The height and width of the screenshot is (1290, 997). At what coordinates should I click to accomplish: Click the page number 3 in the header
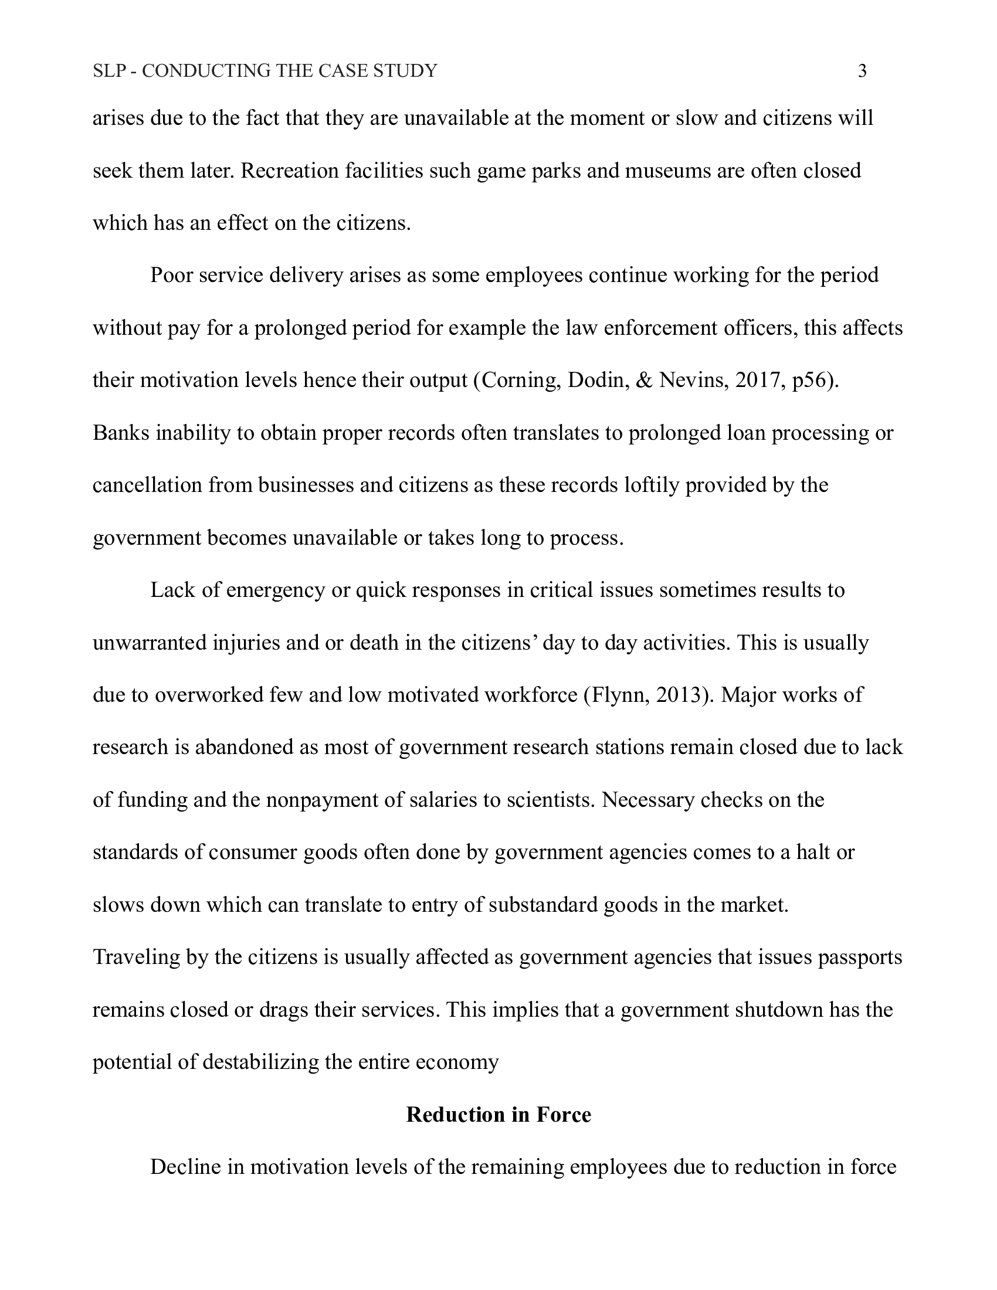(x=862, y=71)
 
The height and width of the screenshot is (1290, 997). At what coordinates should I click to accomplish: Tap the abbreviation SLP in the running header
(x=110, y=71)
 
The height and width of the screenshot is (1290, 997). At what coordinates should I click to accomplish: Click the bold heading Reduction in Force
(x=498, y=1115)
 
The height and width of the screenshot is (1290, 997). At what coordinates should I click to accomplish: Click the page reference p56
(x=811, y=380)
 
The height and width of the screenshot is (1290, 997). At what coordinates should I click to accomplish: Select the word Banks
(x=121, y=433)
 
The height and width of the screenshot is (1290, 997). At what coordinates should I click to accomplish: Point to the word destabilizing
(x=260, y=1062)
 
